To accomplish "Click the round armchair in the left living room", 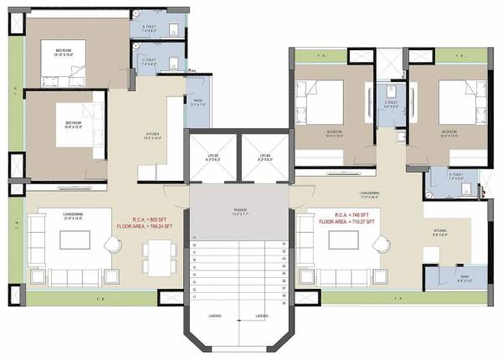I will [114, 244].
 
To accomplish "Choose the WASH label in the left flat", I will [197, 104].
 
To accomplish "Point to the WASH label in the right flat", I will [462, 279].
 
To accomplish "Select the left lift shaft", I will [213, 157].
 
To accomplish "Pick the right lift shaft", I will [265, 157].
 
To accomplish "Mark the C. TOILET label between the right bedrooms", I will [389, 105].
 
